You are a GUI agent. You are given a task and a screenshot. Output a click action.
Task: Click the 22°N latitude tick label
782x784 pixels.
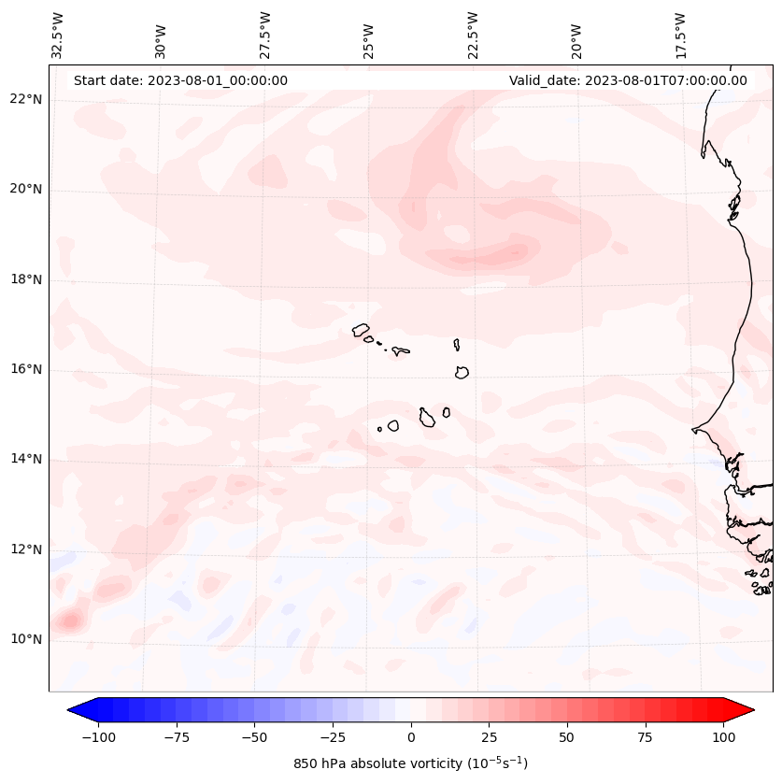[25, 99]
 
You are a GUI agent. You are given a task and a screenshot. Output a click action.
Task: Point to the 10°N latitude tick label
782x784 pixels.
[25, 639]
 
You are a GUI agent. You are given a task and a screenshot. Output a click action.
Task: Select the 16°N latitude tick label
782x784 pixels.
[25, 369]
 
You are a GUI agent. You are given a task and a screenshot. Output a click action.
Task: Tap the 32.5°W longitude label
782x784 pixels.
[58, 35]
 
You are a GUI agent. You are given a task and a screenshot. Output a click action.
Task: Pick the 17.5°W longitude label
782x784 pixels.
[679, 35]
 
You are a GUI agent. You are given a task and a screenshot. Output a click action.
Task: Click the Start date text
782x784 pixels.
[180, 80]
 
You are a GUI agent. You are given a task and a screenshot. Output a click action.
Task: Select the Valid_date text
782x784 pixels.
[628, 80]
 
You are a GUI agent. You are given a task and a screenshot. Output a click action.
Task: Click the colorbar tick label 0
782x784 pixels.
[411, 737]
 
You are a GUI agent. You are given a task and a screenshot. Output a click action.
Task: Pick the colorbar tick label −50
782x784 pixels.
[254, 737]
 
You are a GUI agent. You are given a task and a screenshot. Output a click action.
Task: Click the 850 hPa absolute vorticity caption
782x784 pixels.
[410, 763]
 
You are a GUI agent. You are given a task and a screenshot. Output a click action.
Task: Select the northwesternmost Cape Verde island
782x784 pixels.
[361, 329]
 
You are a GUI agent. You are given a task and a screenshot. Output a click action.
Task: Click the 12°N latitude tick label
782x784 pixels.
[25, 549]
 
